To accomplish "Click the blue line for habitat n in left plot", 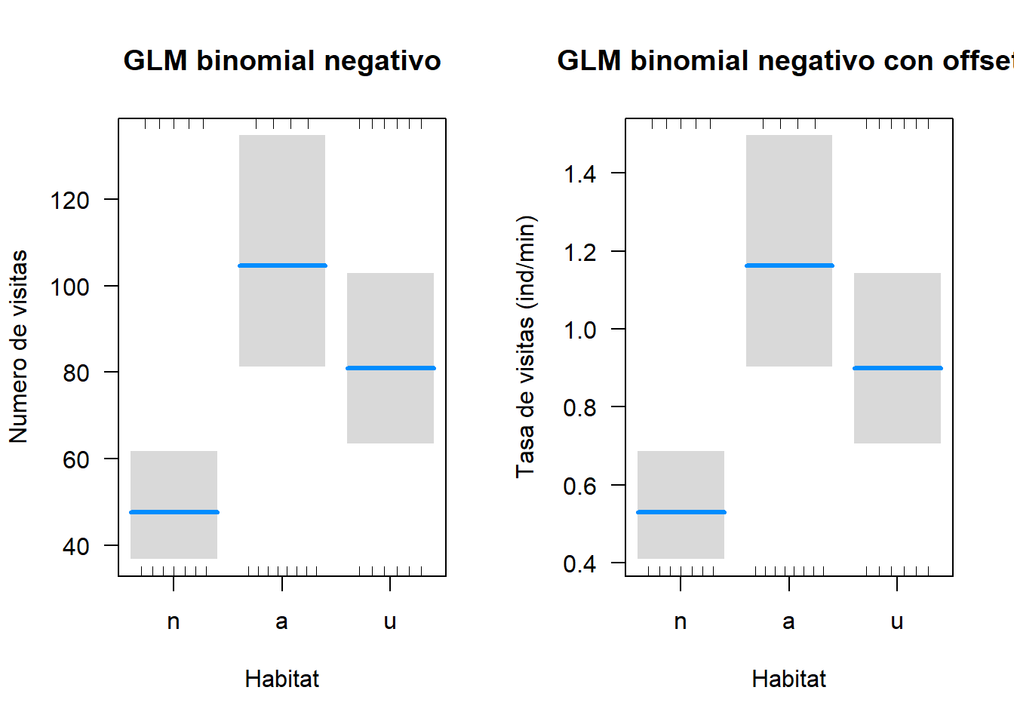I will click(x=174, y=512).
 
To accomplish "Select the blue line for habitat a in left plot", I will click(x=282, y=265).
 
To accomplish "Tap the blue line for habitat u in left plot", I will click(x=390, y=368).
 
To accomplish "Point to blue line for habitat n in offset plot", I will click(x=681, y=512).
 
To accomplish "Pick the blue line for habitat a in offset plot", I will click(x=789, y=265).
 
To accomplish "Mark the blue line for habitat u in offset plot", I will click(x=897, y=368).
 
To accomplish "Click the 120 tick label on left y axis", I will click(x=69, y=201).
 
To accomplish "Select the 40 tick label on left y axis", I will click(x=75, y=546).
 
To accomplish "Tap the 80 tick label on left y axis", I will click(x=75, y=373).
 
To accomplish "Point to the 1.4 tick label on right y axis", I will click(x=579, y=174).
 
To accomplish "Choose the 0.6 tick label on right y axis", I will click(x=579, y=486).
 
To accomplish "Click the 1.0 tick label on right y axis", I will click(x=579, y=330).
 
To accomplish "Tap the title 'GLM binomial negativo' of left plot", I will click(x=282, y=61).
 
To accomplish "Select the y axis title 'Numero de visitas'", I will click(x=18, y=347).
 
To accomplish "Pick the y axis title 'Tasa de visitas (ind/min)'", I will click(x=525, y=347).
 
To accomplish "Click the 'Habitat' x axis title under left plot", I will click(x=282, y=679).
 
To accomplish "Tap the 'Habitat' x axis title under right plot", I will click(x=789, y=679).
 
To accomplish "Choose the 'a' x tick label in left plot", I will click(x=282, y=622).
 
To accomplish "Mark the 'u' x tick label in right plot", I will click(x=897, y=622).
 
